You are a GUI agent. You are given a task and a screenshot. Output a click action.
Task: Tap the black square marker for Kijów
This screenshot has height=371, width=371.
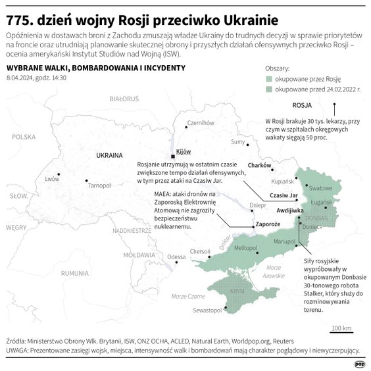coord(173,157)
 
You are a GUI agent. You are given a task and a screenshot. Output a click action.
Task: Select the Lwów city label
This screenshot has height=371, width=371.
coord(52,179)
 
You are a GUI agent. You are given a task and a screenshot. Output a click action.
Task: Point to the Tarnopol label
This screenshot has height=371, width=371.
coord(99,185)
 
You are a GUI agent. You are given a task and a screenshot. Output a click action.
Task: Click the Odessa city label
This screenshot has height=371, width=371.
coord(176,257)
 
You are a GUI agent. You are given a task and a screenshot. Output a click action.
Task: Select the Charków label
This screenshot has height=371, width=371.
coord(259,165)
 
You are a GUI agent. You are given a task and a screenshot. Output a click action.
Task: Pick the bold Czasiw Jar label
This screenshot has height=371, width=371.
coord(284,195)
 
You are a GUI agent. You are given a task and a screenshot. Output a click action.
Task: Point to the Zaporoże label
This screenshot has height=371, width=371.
coord(268,224)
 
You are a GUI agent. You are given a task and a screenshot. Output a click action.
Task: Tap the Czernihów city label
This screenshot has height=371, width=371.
coord(201,122)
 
